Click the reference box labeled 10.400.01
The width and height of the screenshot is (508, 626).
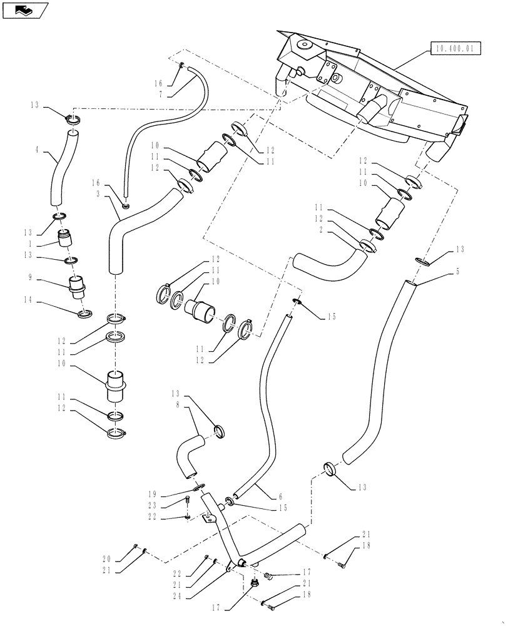pos(451,47)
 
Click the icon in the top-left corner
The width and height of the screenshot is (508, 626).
pos(24,9)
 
